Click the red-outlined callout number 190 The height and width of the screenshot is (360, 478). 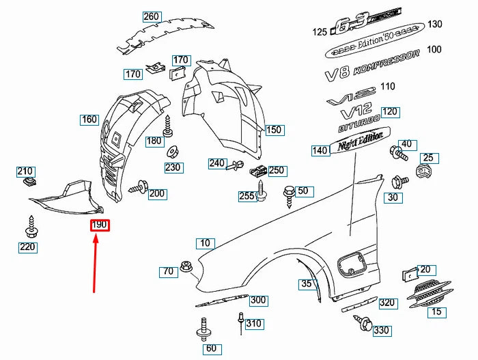coord(100,225)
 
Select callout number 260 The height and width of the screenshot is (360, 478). coord(151,16)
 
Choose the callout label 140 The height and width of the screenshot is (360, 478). coord(320,150)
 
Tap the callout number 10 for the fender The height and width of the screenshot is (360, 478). coord(205,243)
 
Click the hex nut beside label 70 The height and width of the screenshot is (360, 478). coord(185,266)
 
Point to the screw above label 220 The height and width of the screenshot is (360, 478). coord(30,223)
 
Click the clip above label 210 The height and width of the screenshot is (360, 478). coord(29,182)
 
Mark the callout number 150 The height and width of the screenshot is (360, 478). coord(273,130)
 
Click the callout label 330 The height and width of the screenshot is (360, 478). coord(381,331)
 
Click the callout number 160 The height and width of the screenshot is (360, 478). coord(89,120)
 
